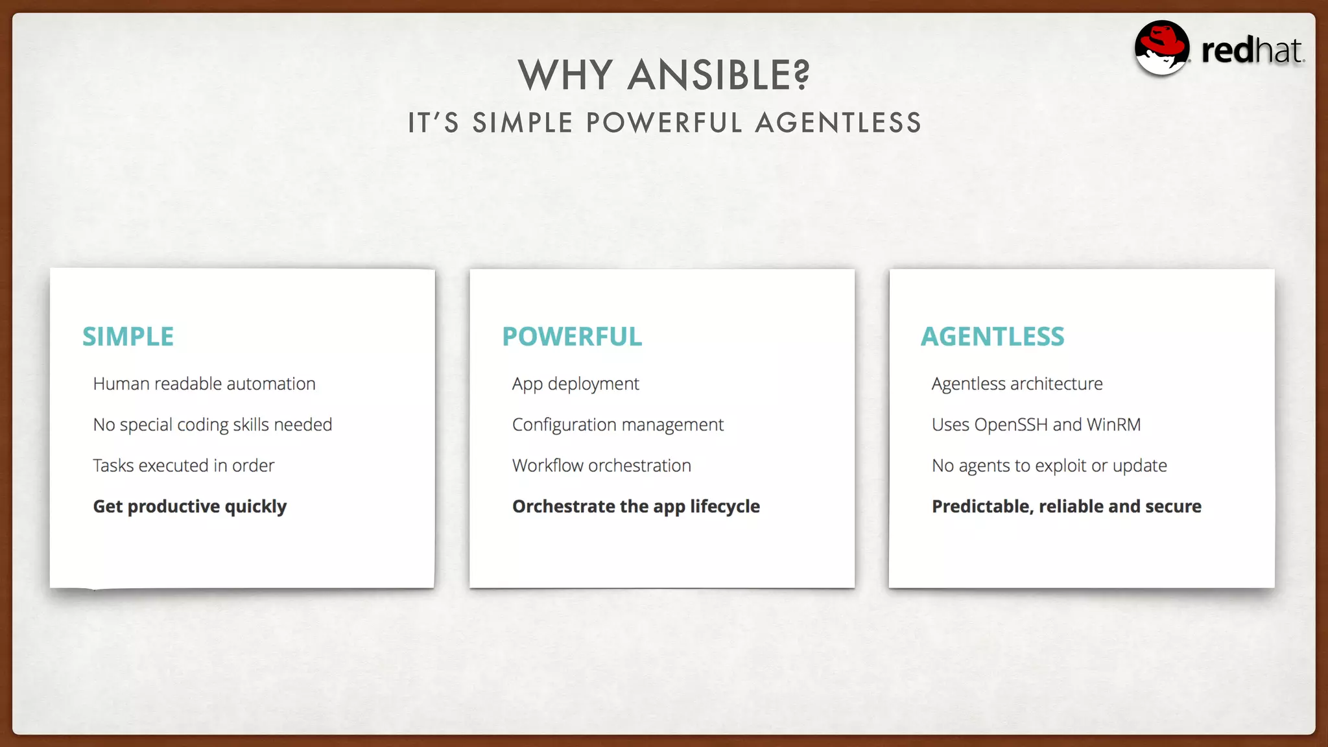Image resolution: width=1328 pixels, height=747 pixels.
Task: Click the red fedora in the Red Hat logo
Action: tap(1163, 40)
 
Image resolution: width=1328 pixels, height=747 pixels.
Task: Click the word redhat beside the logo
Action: tap(1251, 51)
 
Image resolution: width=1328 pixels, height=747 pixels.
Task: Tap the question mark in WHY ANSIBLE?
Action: tap(801, 75)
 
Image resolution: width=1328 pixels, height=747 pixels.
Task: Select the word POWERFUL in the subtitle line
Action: tap(663, 123)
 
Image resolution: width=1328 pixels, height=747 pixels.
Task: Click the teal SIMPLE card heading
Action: tap(128, 337)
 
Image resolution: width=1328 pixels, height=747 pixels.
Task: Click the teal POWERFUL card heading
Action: tap(572, 337)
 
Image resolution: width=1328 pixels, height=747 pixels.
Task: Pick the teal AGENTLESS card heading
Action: tap(992, 337)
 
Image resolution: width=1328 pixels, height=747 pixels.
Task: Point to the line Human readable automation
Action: tap(204, 384)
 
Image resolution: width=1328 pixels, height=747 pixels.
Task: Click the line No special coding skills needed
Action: tap(213, 425)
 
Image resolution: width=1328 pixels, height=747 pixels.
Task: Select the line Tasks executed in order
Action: tap(184, 466)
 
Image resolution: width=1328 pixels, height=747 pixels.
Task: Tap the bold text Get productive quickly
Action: tap(190, 506)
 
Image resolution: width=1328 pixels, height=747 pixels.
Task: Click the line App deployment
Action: tap(575, 384)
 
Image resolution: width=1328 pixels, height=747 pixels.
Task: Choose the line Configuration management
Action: tap(617, 425)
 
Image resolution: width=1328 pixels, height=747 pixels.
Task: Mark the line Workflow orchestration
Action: tap(601, 466)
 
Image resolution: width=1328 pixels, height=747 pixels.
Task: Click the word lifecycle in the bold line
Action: tap(724, 506)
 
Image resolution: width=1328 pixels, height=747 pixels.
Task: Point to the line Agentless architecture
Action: tap(1017, 384)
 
